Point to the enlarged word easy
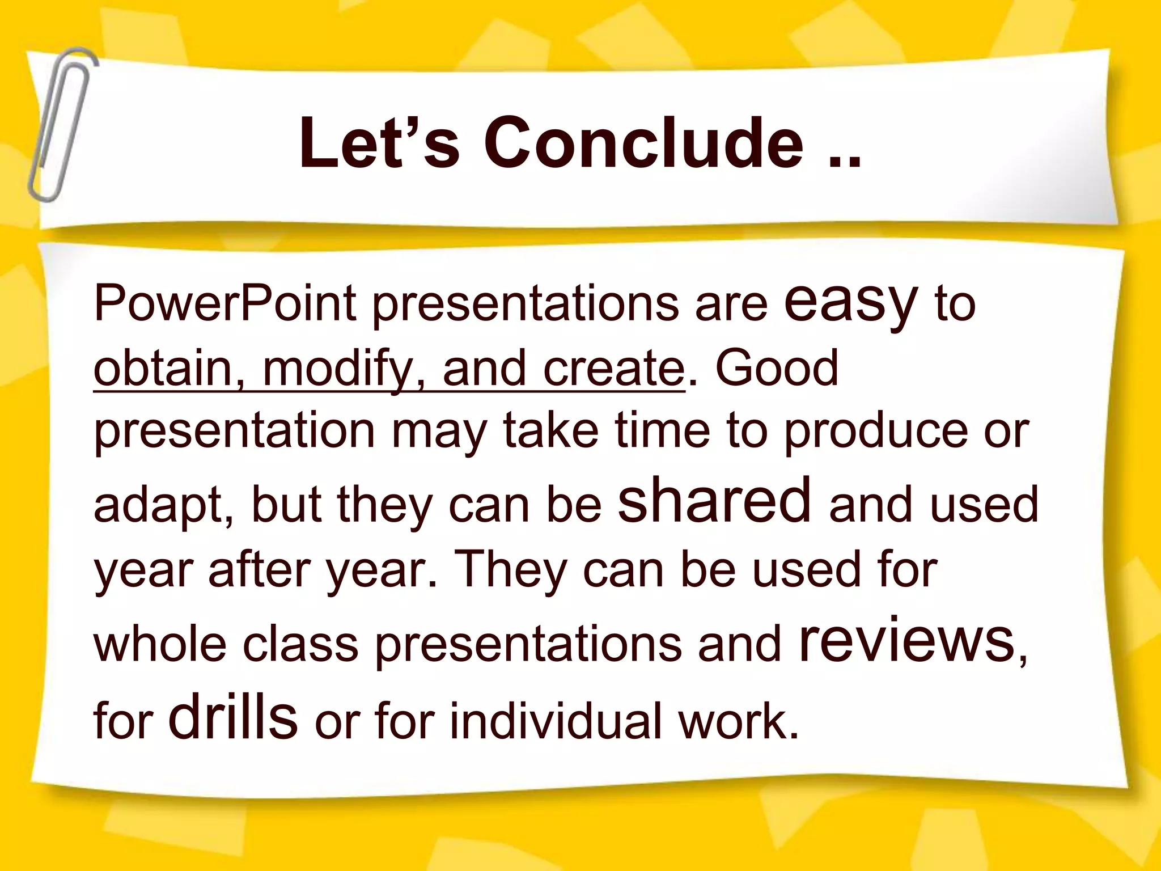coord(850,301)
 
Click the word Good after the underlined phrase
coord(777,369)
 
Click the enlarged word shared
coord(714,499)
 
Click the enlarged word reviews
coord(907,641)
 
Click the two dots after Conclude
coord(845,162)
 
